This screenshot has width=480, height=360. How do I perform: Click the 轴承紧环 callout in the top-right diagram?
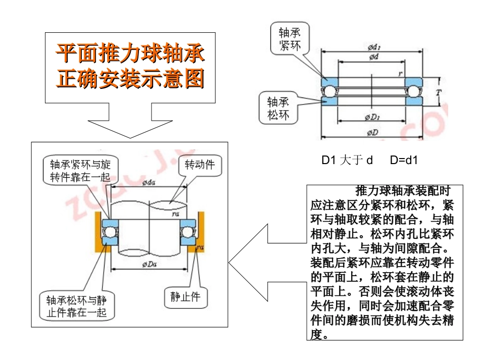(x=291, y=39)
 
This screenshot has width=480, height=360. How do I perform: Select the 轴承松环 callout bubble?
(x=278, y=108)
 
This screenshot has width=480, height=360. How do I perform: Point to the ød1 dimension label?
(x=374, y=47)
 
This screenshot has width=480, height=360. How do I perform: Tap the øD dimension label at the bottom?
(x=373, y=133)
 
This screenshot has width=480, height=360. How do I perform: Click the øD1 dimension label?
(x=373, y=118)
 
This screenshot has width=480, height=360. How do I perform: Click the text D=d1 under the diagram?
(x=404, y=161)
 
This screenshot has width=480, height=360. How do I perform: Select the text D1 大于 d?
(x=348, y=161)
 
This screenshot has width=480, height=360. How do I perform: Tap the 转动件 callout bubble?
(x=199, y=165)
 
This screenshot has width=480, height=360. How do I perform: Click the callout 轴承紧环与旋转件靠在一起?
(x=80, y=171)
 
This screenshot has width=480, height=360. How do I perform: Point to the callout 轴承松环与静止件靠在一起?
(x=77, y=305)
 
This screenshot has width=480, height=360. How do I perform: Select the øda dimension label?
(x=150, y=182)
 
